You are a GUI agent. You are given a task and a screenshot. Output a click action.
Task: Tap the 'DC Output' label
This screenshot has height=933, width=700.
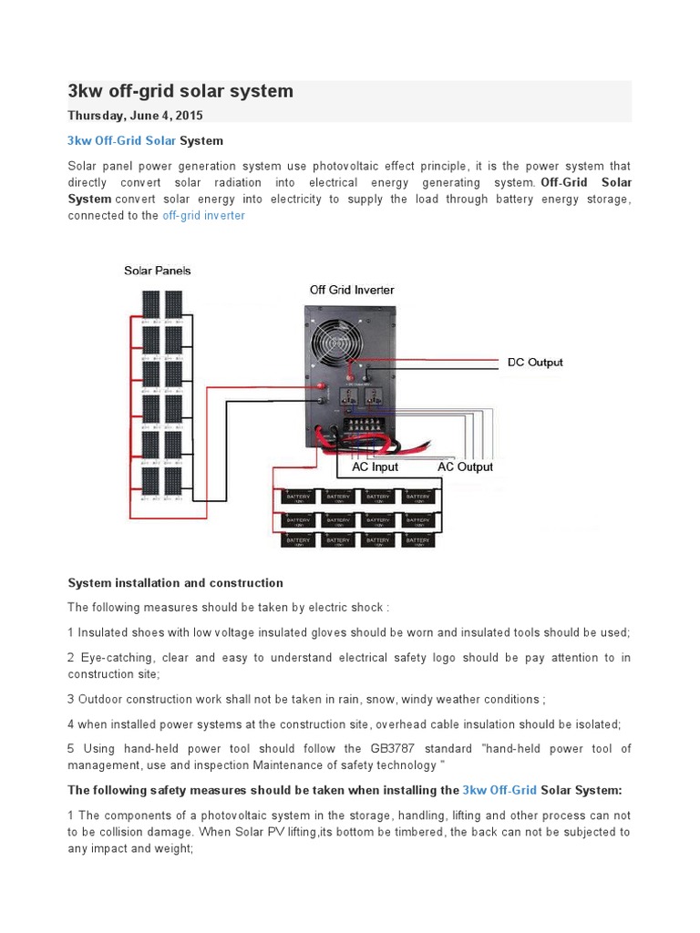pos(535,362)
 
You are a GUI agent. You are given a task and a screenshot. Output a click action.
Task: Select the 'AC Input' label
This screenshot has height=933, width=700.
pos(375,466)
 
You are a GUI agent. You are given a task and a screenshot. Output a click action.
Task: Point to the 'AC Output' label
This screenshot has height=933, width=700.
pos(465,466)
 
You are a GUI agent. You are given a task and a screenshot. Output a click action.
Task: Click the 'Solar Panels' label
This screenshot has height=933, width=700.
pos(158,271)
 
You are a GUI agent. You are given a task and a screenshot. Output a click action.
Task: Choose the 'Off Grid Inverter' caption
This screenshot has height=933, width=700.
pos(352,290)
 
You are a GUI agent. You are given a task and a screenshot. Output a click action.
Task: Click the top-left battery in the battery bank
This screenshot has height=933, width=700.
pos(298,497)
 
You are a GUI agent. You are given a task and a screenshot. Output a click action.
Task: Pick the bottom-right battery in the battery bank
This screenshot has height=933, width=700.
pos(419,539)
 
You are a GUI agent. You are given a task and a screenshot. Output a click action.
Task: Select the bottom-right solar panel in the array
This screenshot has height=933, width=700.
pos(173,480)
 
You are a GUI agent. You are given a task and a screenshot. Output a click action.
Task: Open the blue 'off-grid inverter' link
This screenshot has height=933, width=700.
pos(203,216)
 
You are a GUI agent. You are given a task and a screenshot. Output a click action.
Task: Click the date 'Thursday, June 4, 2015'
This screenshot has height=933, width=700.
pos(136,116)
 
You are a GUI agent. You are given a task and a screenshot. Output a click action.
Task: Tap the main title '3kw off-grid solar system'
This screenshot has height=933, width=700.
pos(180,91)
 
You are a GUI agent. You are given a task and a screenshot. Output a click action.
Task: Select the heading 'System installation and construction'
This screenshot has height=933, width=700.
pos(176,583)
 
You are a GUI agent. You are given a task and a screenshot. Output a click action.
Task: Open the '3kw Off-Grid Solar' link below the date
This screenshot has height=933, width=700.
pos(122,141)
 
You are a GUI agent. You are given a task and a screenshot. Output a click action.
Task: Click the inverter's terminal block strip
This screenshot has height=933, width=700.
pos(366,425)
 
